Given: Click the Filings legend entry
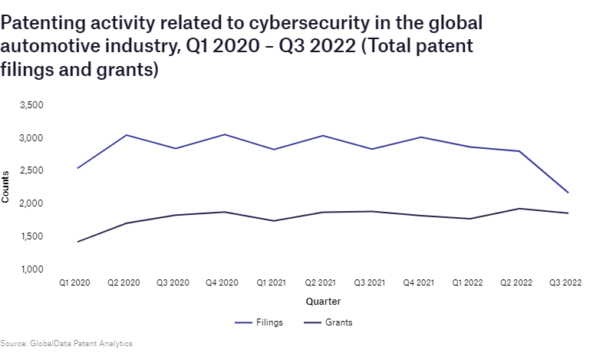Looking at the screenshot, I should tap(259, 322).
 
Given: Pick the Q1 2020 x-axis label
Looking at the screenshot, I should tap(75, 283).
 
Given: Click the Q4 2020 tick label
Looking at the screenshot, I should tap(222, 283).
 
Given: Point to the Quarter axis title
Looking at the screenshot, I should tap(323, 302).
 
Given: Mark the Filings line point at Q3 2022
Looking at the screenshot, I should tap(568, 193).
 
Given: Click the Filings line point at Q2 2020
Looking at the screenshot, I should tap(126, 135).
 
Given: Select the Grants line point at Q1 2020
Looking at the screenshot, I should tap(77, 242).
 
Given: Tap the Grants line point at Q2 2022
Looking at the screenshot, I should tap(519, 209).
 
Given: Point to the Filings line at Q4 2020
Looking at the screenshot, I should tap(224, 134).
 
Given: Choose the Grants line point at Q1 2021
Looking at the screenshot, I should tap(273, 221).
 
